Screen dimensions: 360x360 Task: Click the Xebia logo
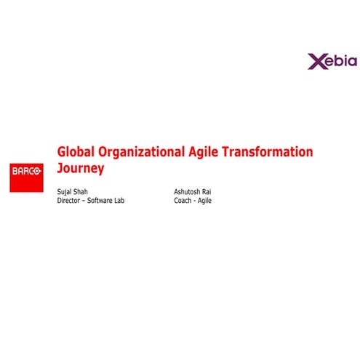332,60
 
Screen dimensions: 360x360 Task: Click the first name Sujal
65,192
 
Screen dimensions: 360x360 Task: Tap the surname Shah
81,192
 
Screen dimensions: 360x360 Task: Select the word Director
70,201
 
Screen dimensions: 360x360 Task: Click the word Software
100,201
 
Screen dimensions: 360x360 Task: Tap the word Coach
183,201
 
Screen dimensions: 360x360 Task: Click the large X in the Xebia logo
315,60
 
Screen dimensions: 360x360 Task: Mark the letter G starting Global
62,152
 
